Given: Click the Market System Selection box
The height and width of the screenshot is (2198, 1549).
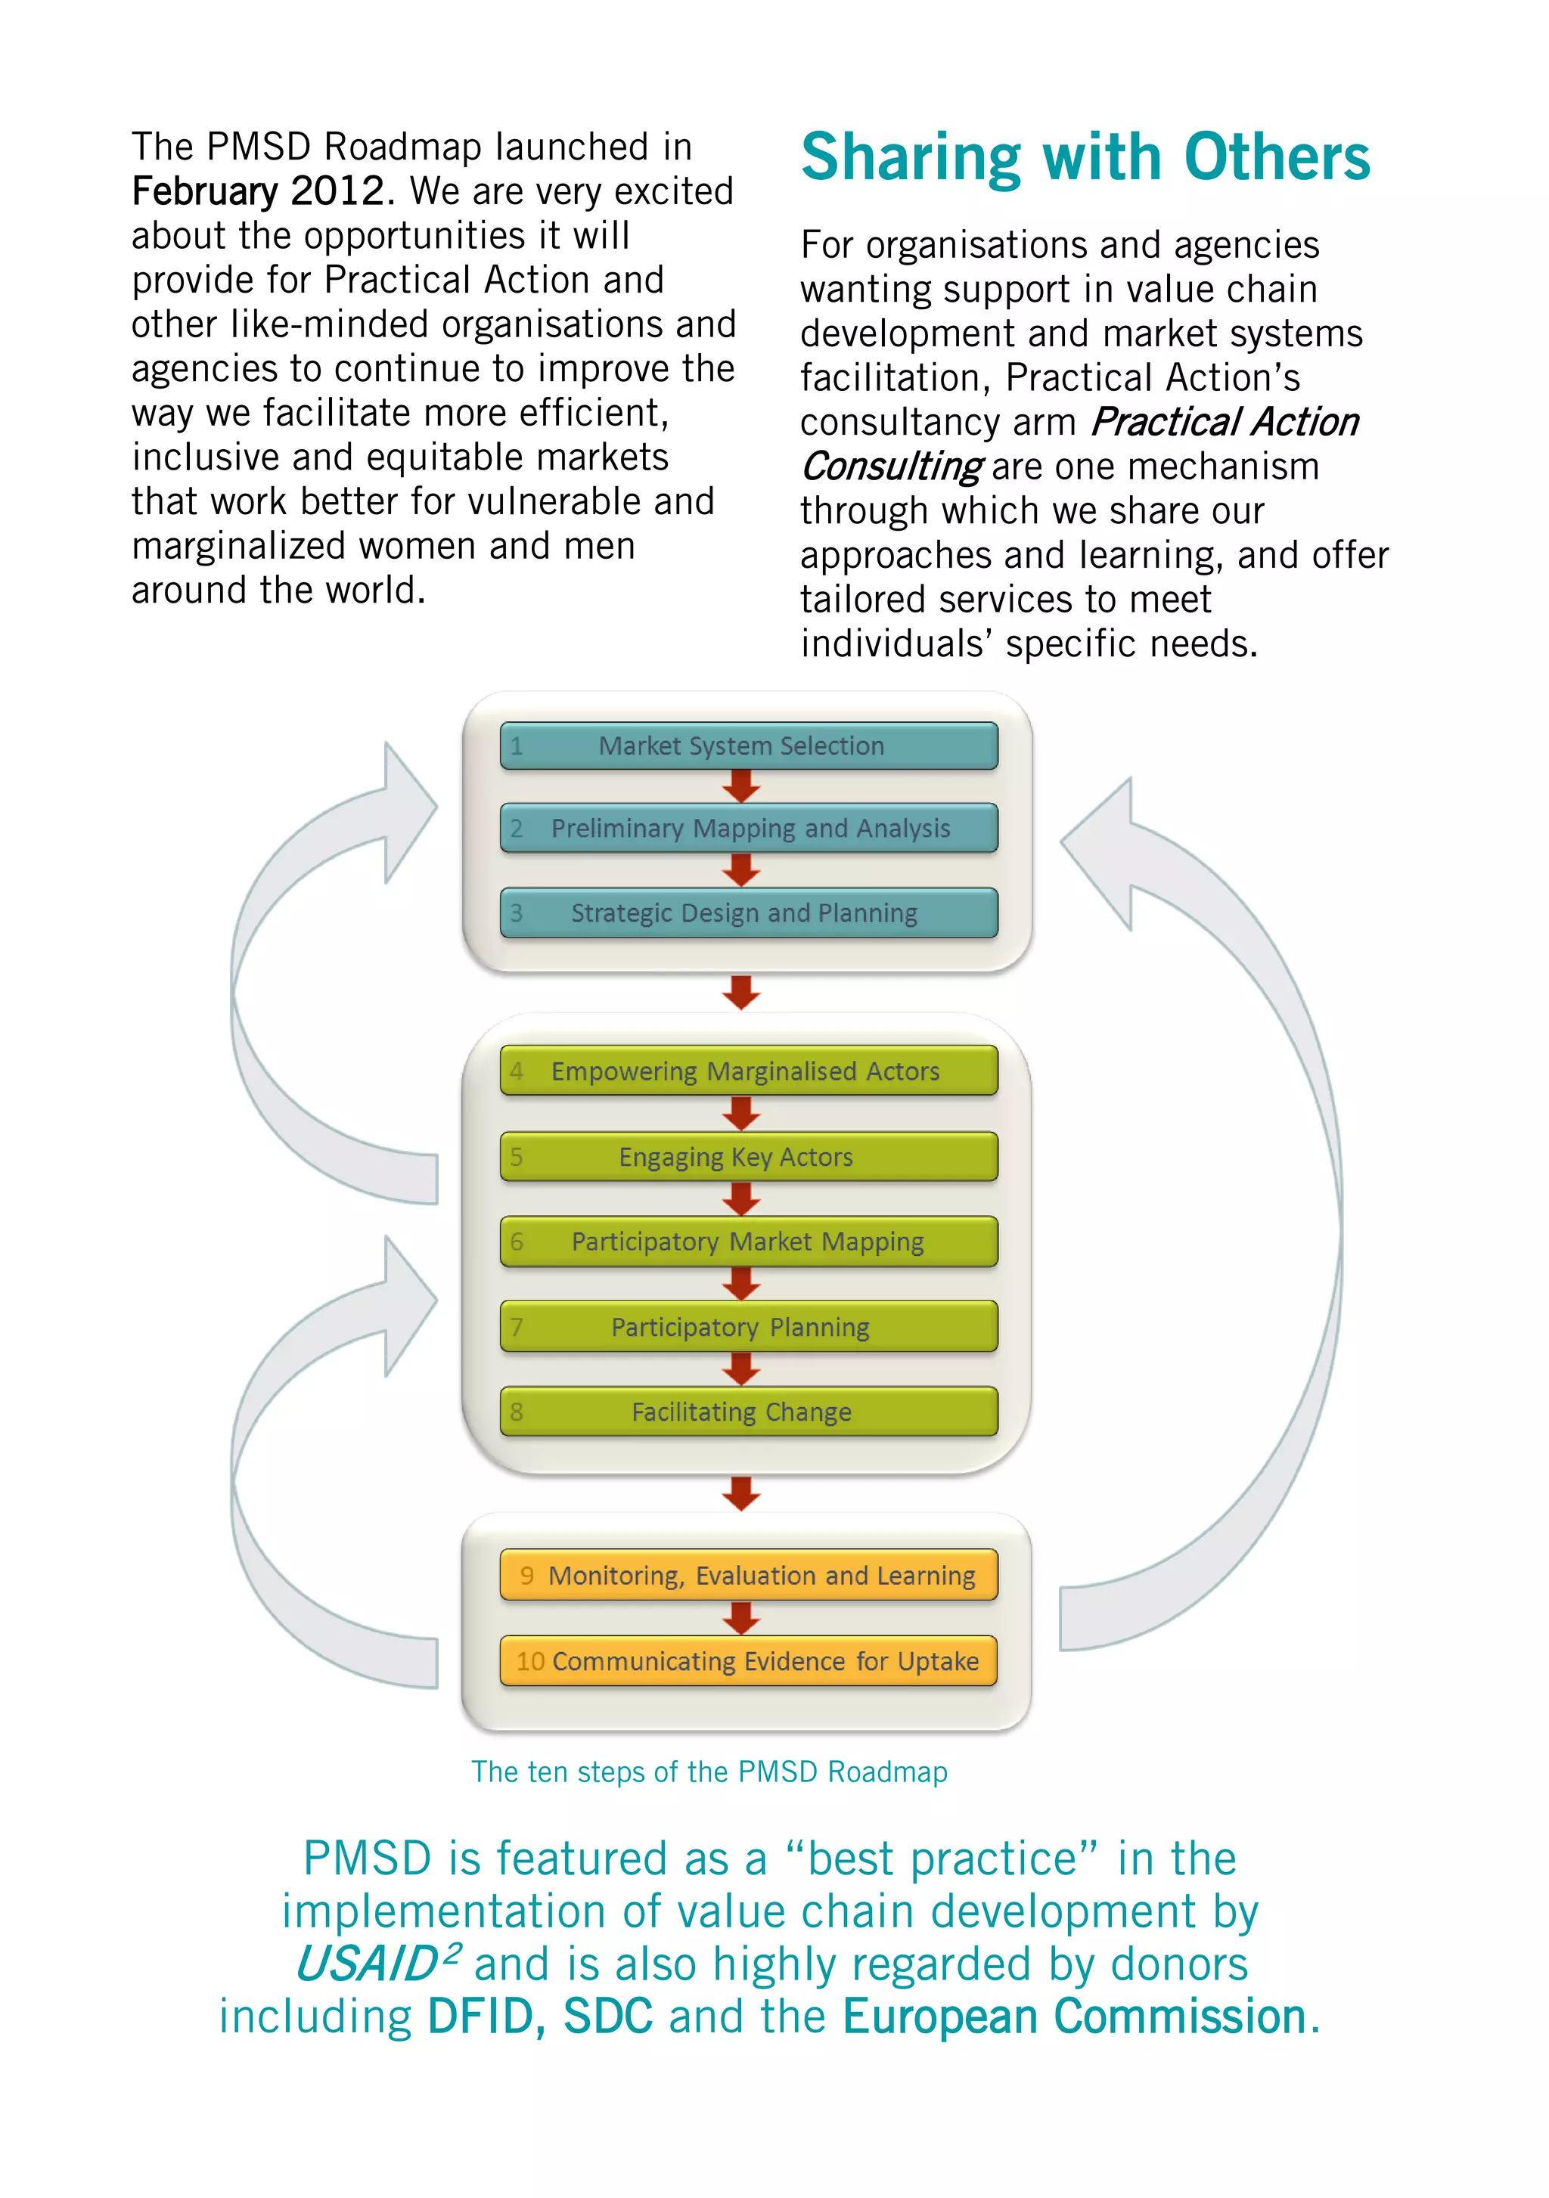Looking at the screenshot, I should click(x=748, y=746).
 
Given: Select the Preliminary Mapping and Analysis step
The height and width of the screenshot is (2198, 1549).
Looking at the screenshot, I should click(x=748, y=828).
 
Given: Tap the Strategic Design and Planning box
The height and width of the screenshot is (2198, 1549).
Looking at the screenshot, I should click(x=748, y=913).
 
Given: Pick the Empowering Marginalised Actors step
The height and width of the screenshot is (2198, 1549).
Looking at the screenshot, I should click(x=748, y=1071).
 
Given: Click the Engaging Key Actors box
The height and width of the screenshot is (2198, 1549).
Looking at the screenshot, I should click(x=748, y=1156).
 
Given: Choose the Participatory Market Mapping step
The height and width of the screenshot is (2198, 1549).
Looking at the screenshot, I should click(x=748, y=1242).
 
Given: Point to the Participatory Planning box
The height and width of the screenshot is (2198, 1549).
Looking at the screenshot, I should click(x=748, y=1327).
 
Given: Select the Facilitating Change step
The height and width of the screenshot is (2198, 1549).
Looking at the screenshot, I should click(x=748, y=1412).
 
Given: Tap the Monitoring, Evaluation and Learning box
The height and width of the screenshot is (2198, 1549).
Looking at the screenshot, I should click(x=748, y=1575).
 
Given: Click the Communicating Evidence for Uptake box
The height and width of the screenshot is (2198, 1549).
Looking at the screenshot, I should click(x=748, y=1661).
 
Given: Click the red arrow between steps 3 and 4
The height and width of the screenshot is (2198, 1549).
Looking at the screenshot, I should click(x=741, y=993).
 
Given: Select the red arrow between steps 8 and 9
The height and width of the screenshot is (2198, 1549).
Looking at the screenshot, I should click(x=741, y=1493).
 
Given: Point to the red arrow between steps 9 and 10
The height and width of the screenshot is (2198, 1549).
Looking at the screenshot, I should click(x=741, y=1618).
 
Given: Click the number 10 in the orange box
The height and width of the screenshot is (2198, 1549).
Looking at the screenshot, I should click(x=530, y=1662).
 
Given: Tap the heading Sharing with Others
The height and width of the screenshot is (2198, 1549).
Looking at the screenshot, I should click(x=1085, y=157).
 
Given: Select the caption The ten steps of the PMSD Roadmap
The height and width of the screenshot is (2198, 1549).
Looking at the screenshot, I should click(x=709, y=1772).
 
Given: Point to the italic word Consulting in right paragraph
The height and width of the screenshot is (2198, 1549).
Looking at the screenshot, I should click(x=891, y=467).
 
